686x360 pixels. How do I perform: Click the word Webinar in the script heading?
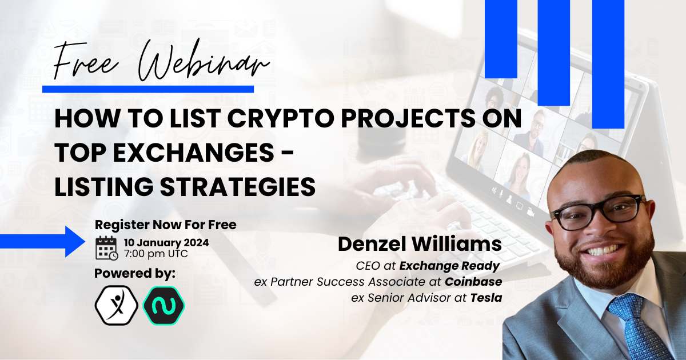coord(204,61)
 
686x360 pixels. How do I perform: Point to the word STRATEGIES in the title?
coord(238,186)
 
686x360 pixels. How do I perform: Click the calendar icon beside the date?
coord(106,248)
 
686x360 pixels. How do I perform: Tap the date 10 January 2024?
coord(166,243)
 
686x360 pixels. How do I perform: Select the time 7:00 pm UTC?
coord(156,254)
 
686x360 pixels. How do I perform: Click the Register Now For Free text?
coord(166,225)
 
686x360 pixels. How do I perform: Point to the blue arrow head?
coord(75,242)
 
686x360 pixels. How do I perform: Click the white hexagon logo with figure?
coord(117,305)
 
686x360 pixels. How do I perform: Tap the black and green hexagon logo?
coord(164,305)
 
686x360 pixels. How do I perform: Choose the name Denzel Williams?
coord(420,245)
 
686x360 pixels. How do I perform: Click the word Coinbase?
coord(473,282)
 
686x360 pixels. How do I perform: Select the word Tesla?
coord(486,298)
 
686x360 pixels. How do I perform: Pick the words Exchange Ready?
coord(449,266)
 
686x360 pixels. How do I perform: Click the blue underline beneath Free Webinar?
coord(148,89)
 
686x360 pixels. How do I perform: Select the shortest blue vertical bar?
coord(501,39)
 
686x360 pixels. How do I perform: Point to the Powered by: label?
coord(135,274)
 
